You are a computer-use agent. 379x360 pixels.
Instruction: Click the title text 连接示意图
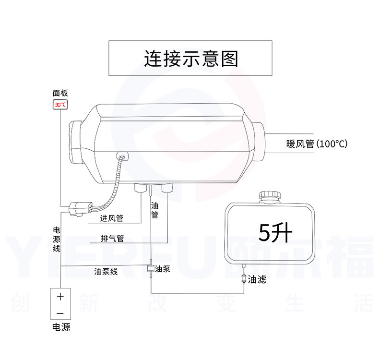pos(191,59)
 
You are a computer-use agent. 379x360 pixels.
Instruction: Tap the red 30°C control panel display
pos(60,105)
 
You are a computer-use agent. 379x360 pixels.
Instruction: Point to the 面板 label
pos(60,93)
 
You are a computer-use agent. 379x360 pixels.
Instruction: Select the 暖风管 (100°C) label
pos(317,144)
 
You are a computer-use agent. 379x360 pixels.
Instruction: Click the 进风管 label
pos(112,218)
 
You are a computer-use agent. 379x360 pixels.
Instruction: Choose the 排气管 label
pos(112,239)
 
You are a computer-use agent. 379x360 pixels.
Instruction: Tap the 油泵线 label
pos(106,271)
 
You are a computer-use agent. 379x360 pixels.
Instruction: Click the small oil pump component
pos(151,268)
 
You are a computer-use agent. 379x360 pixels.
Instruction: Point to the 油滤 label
pos(257,279)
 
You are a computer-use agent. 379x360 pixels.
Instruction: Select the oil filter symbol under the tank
pos(244,279)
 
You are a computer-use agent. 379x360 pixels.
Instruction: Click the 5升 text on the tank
pos(275,233)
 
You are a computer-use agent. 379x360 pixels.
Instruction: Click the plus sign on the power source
pos(60,297)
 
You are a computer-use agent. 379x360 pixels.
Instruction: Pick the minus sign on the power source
pos(60,313)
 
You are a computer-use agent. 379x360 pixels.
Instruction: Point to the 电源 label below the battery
pos(61,327)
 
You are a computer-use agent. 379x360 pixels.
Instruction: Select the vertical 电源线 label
pos(56,239)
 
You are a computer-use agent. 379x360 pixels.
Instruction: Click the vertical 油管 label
pos(154,210)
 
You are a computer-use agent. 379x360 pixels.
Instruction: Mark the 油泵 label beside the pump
pos(163,269)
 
